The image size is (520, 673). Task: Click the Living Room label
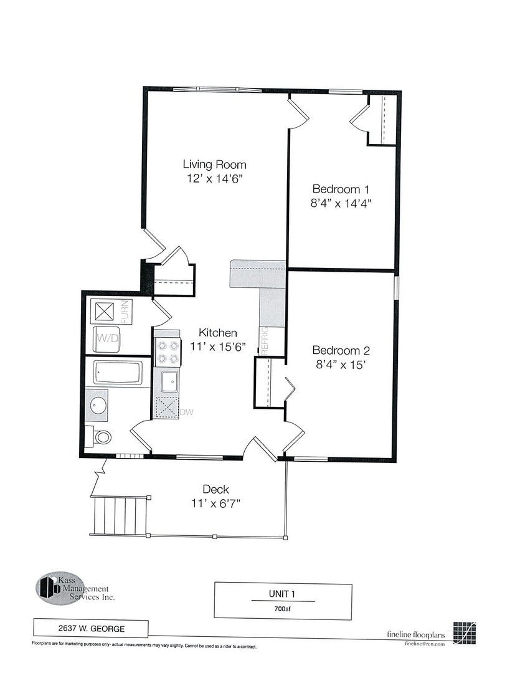214,165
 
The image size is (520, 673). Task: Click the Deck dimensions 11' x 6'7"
217,504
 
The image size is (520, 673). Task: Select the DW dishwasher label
186,412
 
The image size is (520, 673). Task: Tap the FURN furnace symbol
102,310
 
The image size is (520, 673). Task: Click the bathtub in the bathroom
118,373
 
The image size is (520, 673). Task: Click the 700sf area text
283,608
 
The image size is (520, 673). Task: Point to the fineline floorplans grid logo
466,632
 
